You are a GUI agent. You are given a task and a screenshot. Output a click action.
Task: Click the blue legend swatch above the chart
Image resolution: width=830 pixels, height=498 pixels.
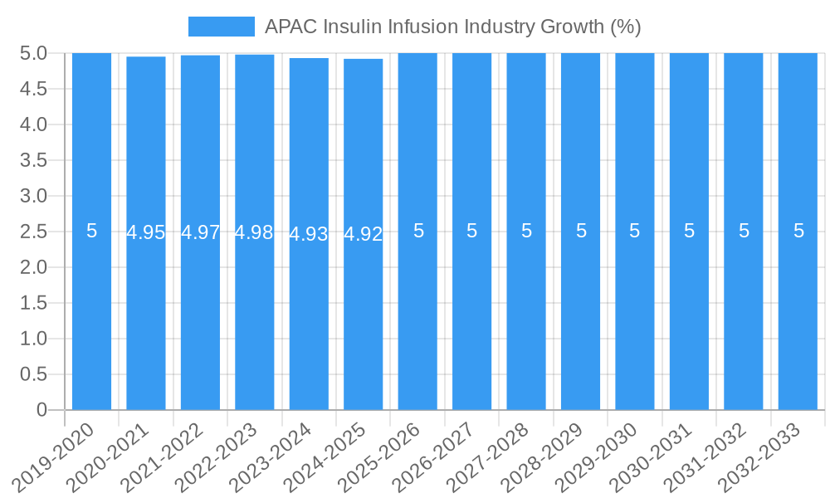[221, 27]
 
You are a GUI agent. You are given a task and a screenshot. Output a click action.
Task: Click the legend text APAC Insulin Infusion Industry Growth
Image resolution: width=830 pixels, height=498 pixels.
[452, 27]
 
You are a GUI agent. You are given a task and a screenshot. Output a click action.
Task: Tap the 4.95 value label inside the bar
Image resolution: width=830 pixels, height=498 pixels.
[146, 232]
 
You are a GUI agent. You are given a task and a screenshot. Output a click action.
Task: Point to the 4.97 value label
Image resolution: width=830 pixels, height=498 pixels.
[200, 232]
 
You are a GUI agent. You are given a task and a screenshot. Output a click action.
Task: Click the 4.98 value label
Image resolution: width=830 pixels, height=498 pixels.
[254, 232]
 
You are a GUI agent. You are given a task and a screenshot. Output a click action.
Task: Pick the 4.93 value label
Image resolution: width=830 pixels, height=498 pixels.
[309, 234]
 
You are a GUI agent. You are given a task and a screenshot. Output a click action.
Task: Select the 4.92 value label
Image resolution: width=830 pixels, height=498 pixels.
[363, 234]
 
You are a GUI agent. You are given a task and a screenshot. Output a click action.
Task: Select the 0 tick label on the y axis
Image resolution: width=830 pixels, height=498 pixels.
[41, 410]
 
